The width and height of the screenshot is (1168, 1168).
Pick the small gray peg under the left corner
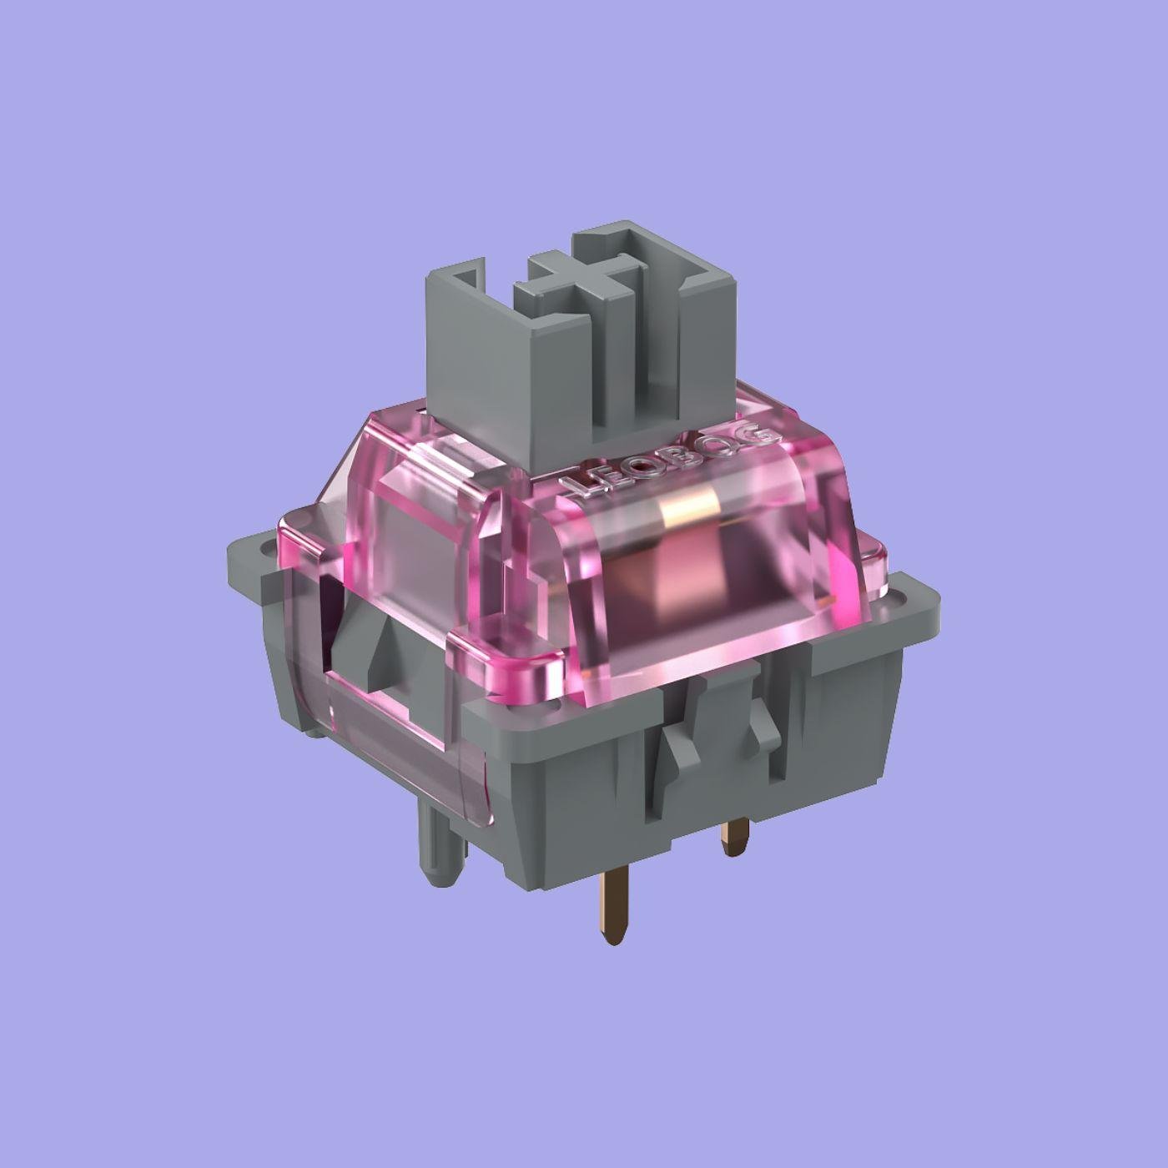click(314, 730)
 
